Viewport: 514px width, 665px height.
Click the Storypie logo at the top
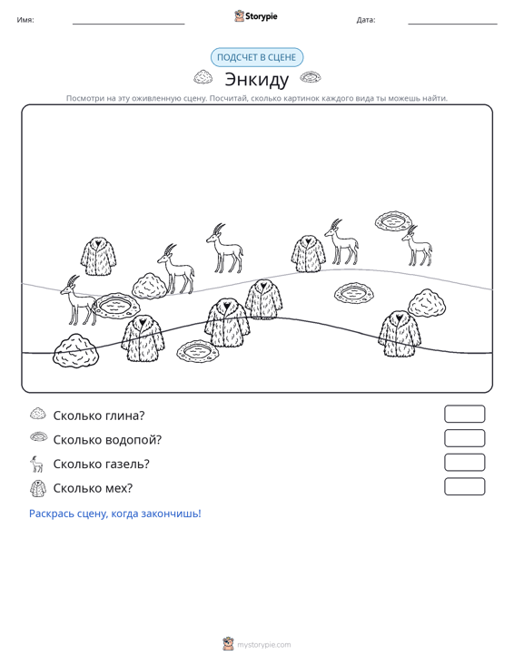click(256, 16)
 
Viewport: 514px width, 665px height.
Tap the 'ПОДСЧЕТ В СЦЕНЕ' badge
click(257, 57)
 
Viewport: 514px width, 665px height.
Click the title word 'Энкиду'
click(256, 79)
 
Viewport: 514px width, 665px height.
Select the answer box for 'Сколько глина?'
click(464, 414)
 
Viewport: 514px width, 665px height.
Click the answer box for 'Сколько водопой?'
click(464, 438)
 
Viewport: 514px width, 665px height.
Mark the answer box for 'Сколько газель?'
click(464, 463)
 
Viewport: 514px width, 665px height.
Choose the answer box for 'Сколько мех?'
click(464, 486)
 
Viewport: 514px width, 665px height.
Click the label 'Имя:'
click(25, 20)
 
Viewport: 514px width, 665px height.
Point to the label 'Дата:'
click(366, 20)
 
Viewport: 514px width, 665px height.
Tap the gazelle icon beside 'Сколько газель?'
click(37, 464)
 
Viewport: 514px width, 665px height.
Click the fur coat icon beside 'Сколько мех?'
click(38, 488)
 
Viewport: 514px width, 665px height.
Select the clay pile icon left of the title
click(203, 77)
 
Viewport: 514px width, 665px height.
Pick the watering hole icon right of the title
click(311, 77)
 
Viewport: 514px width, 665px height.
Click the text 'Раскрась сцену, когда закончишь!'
click(115, 513)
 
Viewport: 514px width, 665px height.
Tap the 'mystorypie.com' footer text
click(264, 645)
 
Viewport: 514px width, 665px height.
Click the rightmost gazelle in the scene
click(417, 246)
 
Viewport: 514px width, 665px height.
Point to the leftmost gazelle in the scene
click(78, 300)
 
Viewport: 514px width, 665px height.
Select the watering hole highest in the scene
click(393, 221)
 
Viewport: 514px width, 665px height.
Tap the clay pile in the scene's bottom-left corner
click(75, 351)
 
